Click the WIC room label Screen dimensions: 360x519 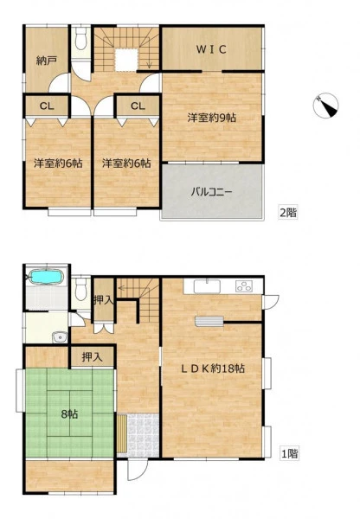tap(211, 49)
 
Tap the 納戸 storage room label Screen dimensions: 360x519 tap(47, 61)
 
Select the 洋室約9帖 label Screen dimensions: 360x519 tap(212, 118)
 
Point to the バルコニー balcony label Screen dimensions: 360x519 tap(211, 192)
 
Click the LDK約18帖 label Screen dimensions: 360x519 tap(213, 368)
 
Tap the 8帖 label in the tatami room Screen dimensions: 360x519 tap(70, 413)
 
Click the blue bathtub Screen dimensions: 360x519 tap(47, 277)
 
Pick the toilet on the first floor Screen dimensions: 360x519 tap(80, 289)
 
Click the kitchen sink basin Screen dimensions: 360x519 tap(207, 286)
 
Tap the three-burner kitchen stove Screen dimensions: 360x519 tap(244, 286)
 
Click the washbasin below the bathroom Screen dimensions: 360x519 tap(60, 337)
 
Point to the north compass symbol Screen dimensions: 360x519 tap(326, 106)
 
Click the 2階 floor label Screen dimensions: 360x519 tap(288, 212)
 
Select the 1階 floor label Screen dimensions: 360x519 tap(289, 453)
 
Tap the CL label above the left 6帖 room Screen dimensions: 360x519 tap(47, 106)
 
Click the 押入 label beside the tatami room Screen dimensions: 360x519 tap(92, 356)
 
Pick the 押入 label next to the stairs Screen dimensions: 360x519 tap(104, 300)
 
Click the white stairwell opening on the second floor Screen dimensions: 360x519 tap(126, 60)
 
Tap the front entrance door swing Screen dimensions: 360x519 tap(138, 470)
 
